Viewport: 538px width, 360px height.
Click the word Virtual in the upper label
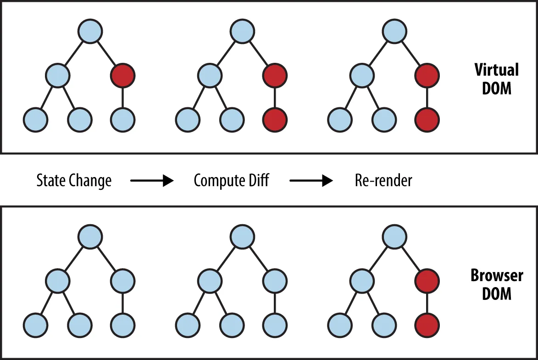(x=497, y=70)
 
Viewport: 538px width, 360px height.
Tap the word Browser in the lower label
(x=497, y=276)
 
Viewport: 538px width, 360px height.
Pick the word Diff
(x=258, y=180)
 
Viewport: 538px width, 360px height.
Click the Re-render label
(x=383, y=180)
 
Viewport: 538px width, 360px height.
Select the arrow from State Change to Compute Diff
(x=152, y=181)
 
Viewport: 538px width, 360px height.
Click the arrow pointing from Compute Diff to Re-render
(x=311, y=181)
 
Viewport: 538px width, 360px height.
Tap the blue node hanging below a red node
(x=123, y=120)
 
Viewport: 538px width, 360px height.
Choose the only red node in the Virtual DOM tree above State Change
(x=123, y=75)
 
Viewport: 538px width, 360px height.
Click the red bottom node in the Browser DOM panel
(x=427, y=325)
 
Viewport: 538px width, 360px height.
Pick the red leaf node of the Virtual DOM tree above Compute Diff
(x=275, y=120)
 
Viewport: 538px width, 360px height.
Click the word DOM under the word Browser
(x=497, y=294)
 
